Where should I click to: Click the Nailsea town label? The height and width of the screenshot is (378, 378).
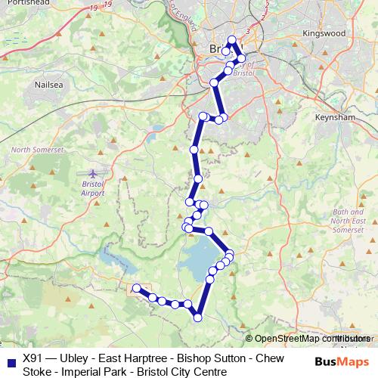pos(36,86)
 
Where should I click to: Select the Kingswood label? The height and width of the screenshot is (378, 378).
pos(323,34)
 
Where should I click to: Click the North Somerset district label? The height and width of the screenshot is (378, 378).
pos(37,150)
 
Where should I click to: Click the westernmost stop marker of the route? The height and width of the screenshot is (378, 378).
pos(137,288)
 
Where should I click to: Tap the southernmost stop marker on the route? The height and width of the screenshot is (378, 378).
pos(198,318)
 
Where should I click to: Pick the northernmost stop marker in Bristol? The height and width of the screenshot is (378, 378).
pos(232,40)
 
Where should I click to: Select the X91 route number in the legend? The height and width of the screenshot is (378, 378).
pos(33,358)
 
